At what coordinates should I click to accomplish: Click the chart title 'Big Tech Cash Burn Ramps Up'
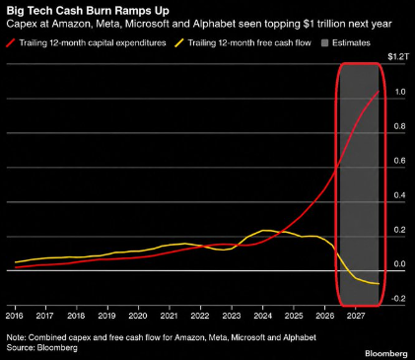click(88, 11)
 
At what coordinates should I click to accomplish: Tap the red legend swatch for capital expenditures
click(11, 42)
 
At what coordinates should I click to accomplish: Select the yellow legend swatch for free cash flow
click(179, 42)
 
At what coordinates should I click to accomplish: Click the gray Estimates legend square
click(324, 43)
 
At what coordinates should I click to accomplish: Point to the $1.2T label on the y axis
click(398, 57)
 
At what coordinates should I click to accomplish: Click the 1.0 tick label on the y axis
click(400, 92)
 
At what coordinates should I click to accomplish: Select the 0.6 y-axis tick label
click(400, 161)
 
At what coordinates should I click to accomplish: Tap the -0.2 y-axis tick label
click(398, 299)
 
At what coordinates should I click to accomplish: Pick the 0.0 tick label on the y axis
click(400, 264)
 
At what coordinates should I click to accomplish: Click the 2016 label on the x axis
click(15, 316)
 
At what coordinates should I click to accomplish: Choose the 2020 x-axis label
click(138, 316)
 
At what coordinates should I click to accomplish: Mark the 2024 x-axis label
click(262, 316)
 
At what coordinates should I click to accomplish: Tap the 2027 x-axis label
click(356, 316)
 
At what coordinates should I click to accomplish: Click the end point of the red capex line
click(379, 91)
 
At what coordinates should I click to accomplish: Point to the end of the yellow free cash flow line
click(379, 284)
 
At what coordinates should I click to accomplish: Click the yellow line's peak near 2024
click(264, 230)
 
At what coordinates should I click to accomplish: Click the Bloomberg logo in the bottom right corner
click(386, 354)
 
